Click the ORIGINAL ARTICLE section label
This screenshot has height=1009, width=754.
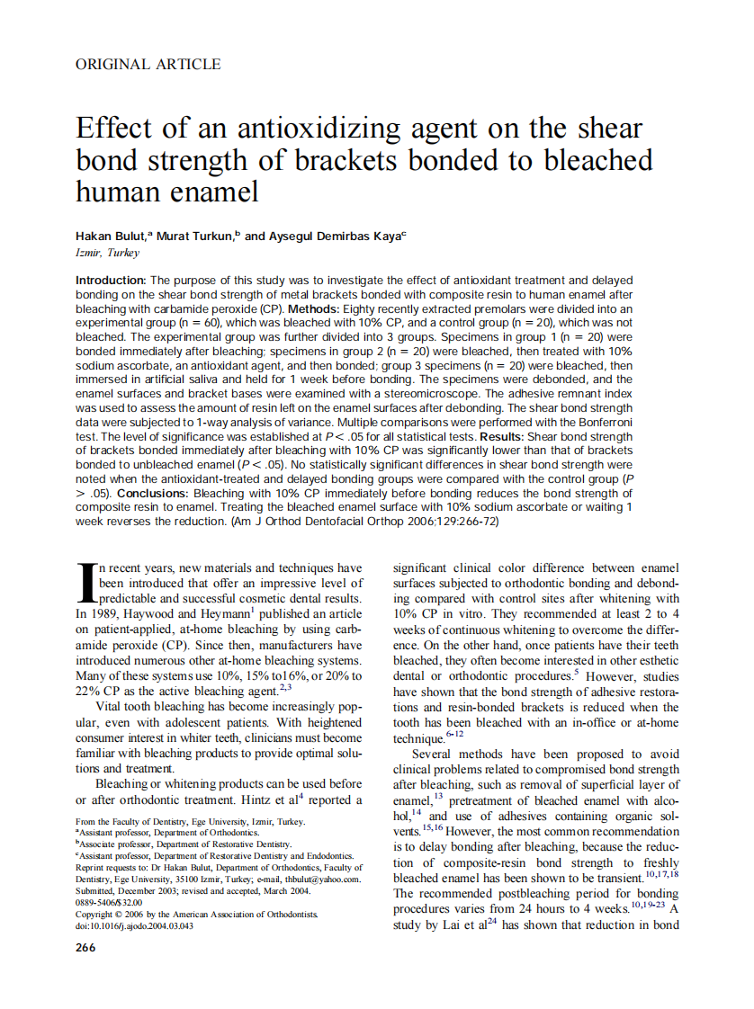pyautogui.click(x=148, y=64)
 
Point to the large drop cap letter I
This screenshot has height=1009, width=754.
pyautogui.click(x=86, y=583)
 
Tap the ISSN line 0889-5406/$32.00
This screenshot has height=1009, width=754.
pyautogui.click(x=110, y=903)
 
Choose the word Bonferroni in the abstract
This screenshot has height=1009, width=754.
pyautogui.click(x=601, y=423)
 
